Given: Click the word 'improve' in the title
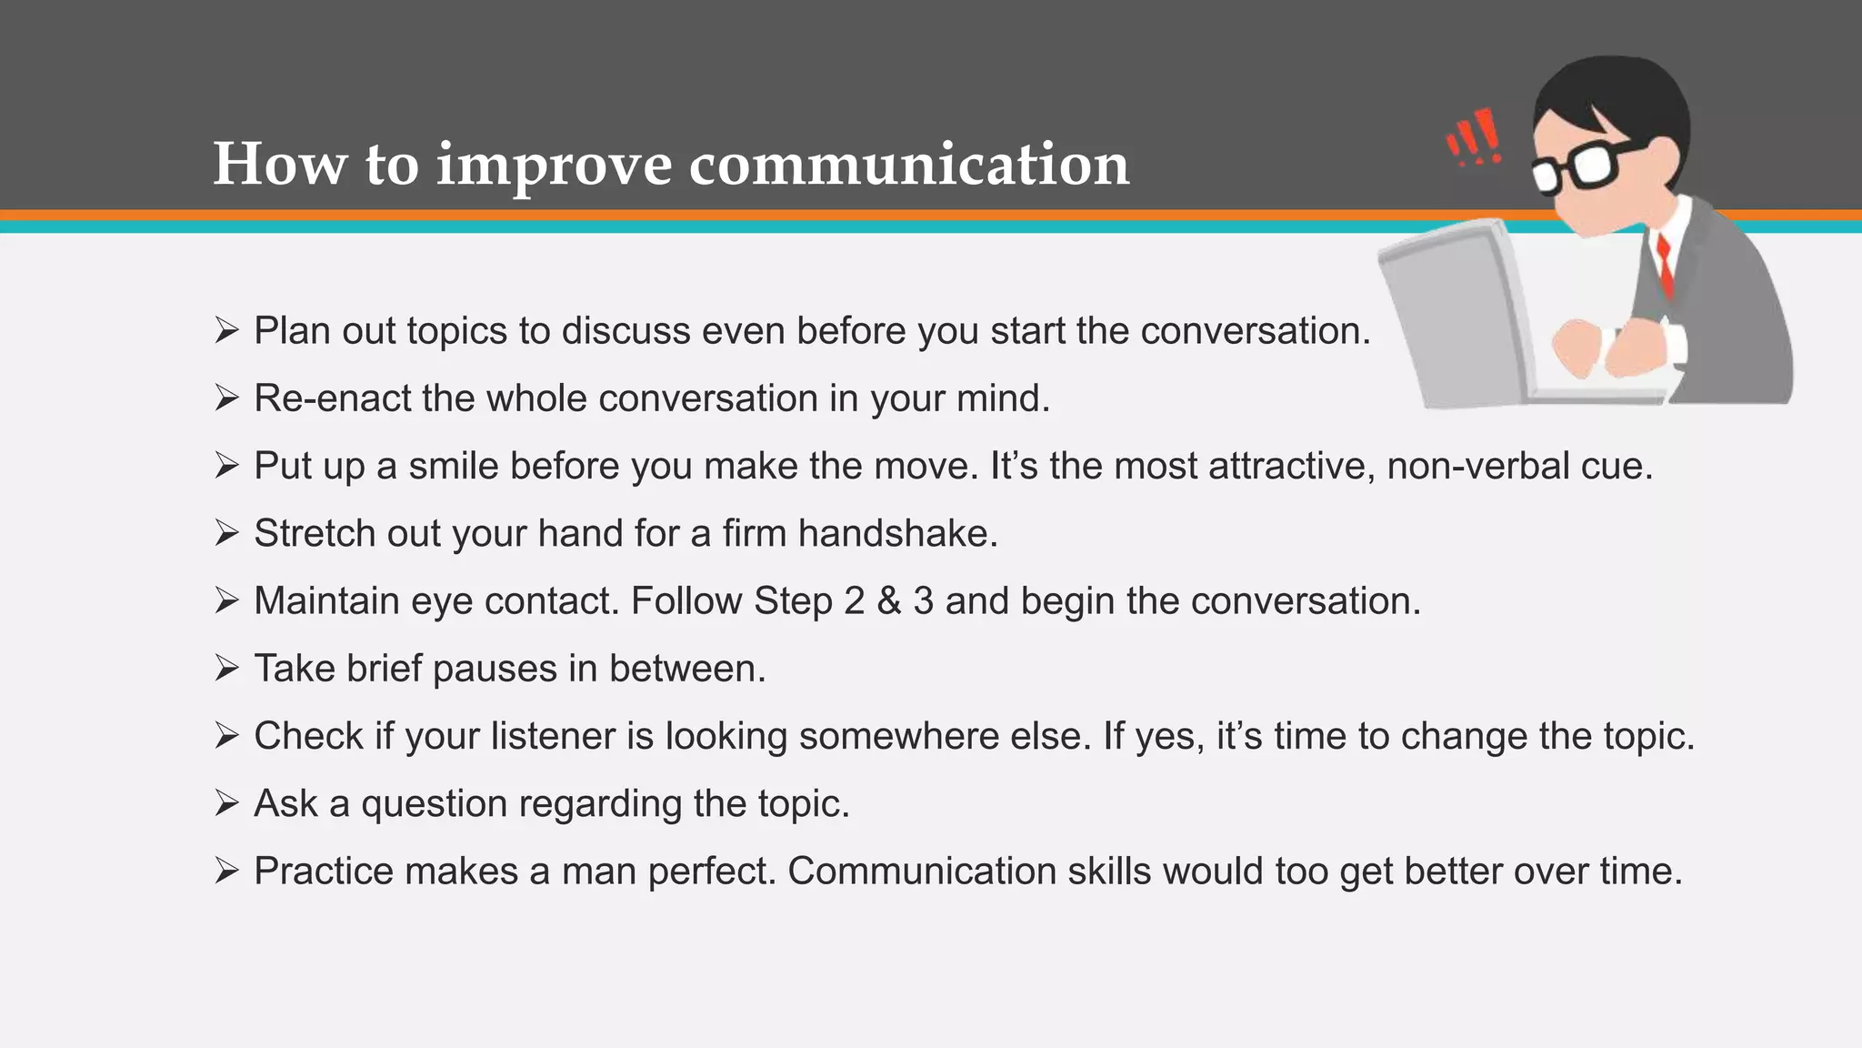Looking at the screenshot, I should pos(554,166).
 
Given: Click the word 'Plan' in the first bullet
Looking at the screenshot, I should pos(291,330).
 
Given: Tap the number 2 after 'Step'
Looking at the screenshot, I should pos(853,601).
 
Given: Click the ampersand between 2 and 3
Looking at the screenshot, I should pos(889,601).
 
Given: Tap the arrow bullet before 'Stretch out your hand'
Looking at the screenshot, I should pos(226,533).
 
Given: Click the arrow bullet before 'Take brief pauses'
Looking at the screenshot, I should pos(226,669).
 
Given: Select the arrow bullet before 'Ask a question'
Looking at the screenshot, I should pos(226,803).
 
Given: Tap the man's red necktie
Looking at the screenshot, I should pos(1665,264).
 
